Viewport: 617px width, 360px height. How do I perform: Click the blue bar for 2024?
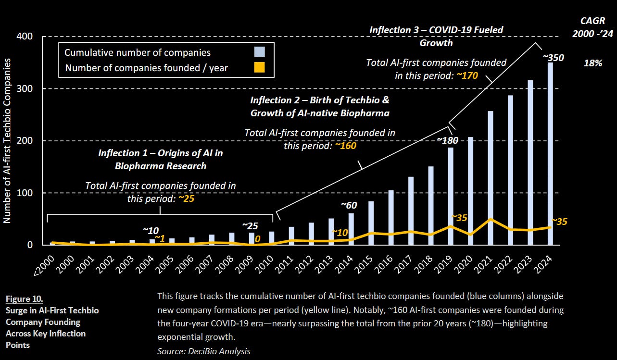coord(550,154)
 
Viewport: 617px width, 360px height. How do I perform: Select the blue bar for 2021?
coord(490,178)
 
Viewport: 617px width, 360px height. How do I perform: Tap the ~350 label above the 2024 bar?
coord(553,58)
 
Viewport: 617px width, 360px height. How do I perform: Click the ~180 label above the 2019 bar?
coord(447,140)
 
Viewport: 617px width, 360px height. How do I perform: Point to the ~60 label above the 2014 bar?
coord(349,205)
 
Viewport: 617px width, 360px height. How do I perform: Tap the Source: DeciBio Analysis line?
coord(204,351)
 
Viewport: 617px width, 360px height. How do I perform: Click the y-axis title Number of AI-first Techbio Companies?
coord(8,140)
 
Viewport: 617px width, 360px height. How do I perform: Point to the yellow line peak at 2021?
coord(491,219)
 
